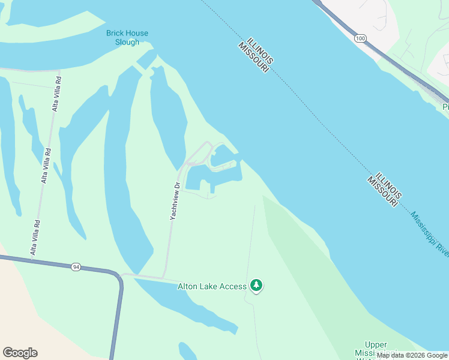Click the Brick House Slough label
(127, 38)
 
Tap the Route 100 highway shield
(360, 38)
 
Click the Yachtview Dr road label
(175, 201)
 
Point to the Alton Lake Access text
(212, 286)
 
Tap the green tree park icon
(257, 285)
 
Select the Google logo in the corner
(20, 353)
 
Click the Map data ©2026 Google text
(412, 356)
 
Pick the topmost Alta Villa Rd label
(56, 94)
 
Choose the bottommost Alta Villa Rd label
(35, 238)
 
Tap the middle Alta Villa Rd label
(44, 166)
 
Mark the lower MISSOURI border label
(381, 193)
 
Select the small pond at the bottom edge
(188, 352)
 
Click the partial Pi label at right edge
(445, 107)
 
